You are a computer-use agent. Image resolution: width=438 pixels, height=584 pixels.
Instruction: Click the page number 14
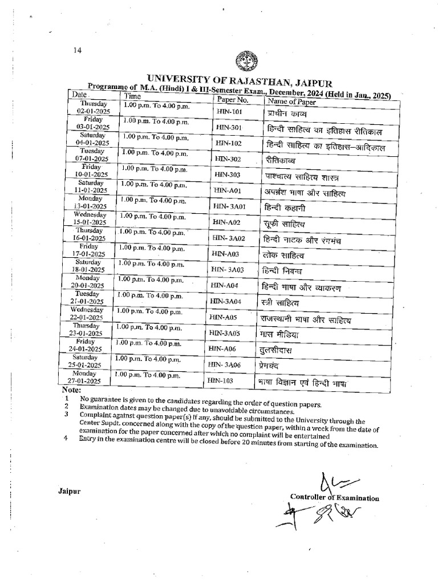tap(78, 50)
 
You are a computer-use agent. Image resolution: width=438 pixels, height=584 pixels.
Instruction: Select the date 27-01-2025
tap(88, 380)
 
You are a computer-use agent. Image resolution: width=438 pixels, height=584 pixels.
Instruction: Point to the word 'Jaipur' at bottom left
tap(69, 490)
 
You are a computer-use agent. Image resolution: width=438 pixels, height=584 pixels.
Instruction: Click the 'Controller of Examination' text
tap(334, 498)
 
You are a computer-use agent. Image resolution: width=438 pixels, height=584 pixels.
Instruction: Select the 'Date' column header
tap(79, 94)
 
